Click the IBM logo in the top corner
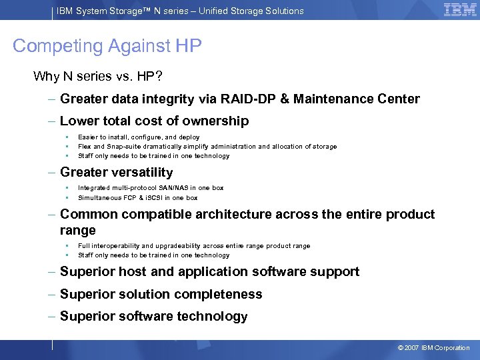tap(460, 10)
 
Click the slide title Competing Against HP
tap(107, 46)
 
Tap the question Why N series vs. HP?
tap(97, 76)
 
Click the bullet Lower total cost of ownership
tap(154, 121)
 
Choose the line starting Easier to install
tap(139, 137)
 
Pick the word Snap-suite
tap(127, 147)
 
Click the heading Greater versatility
tap(116, 172)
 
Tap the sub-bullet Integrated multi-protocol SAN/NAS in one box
tap(151, 188)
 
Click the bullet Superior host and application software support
tap(209, 272)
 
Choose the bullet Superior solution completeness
tap(161, 295)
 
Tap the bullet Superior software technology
tap(153, 317)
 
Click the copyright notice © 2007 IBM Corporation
tap(433, 348)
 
